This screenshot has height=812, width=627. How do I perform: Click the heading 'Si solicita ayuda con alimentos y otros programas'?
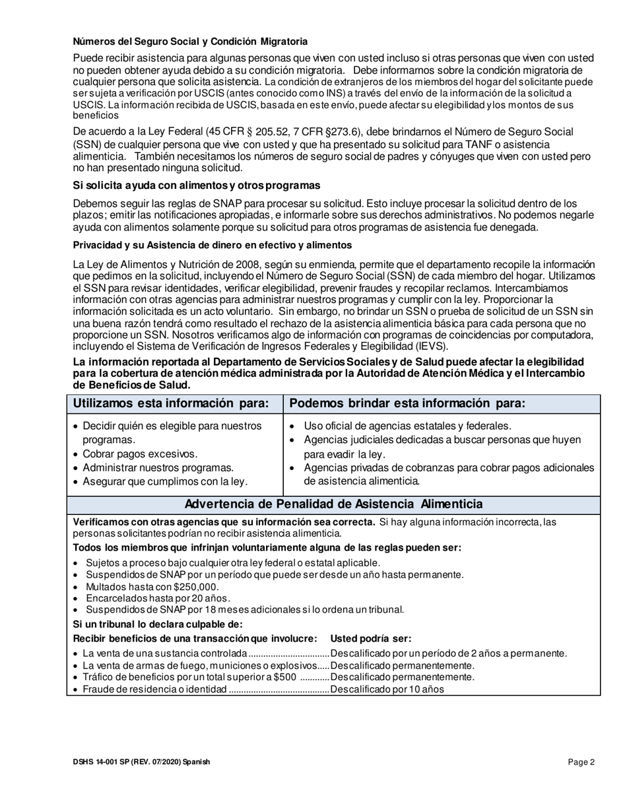(196, 185)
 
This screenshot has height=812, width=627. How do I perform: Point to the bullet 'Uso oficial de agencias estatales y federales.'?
(407, 425)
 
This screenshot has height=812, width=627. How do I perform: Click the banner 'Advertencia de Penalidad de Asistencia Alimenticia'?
(333, 504)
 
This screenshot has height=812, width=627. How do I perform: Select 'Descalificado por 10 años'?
(387, 689)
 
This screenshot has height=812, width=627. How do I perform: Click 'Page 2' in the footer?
(581, 762)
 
